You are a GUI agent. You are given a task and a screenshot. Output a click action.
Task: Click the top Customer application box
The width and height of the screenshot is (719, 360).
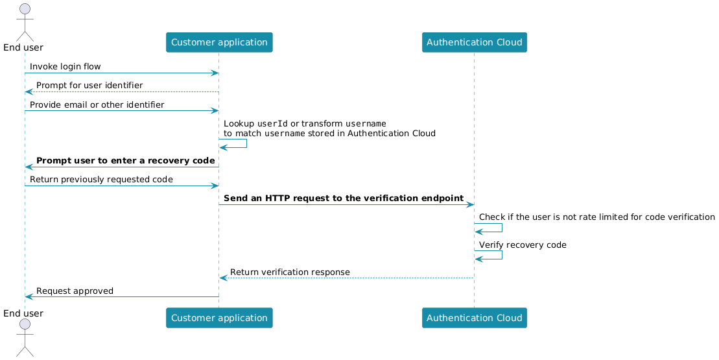219,42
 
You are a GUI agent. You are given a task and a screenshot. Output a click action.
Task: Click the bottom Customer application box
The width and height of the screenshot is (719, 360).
219,318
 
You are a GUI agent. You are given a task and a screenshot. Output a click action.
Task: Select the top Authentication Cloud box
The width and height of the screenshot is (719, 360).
474,42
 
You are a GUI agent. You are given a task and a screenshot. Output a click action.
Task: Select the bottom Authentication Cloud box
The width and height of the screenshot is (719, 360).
474,318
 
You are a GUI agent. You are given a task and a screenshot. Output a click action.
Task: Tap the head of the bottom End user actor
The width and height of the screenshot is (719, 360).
25,329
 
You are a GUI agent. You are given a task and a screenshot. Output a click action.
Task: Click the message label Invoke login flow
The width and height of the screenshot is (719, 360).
65,67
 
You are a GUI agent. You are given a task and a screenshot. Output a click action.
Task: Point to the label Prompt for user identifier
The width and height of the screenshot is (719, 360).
89,86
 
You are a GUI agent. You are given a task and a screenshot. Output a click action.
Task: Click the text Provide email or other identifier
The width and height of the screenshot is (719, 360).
97,104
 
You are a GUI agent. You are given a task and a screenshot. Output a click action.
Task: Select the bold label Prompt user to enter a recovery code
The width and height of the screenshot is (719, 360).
126,160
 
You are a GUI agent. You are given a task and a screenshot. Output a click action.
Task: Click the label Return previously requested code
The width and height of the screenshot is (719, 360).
101,179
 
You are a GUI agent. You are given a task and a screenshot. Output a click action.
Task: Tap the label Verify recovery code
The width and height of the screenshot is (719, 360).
523,245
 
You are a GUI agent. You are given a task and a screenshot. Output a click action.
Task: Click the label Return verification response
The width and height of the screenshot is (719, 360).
290,272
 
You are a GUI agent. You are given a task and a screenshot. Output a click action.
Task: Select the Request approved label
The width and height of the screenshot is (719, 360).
75,291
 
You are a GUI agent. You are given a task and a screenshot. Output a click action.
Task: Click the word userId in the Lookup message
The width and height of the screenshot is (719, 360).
272,123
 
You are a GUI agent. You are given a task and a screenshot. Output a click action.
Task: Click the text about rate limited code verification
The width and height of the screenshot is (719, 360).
596,217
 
